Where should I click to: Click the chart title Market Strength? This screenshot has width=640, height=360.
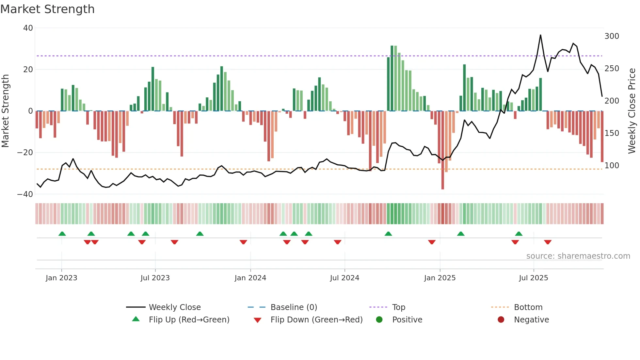pyautogui.click(x=47, y=9)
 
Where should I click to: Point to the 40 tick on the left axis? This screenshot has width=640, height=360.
pyautogui.click(x=28, y=28)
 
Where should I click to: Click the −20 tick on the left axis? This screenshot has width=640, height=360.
pyautogui.click(x=25, y=153)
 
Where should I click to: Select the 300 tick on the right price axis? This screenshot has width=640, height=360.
pyautogui.click(x=612, y=36)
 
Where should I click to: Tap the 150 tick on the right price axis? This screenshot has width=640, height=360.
pyautogui.click(x=612, y=133)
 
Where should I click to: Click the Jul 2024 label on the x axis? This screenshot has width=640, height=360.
pyautogui.click(x=344, y=278)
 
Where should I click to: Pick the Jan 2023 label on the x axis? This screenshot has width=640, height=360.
pyautogui.click(x=61, y=278)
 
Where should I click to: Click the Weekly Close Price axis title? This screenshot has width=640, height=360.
pyautogui.click(x=632, y=111)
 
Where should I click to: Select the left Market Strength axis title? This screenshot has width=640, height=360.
pyautogui.click(x=6, y=111)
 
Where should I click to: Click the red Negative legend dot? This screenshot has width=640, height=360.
pyautogui.click(x=501, y=320)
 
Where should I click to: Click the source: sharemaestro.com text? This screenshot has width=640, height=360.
pyautogui.click(x=578, y=256)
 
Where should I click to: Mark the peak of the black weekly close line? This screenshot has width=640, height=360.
pyautogui.click(x=540, y=35)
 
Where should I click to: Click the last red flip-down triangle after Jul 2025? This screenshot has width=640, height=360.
pyautogui.click(x=548, y=242)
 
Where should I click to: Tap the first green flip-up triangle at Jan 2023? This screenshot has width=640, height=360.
pyautogui.click(x=62, y=234)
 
